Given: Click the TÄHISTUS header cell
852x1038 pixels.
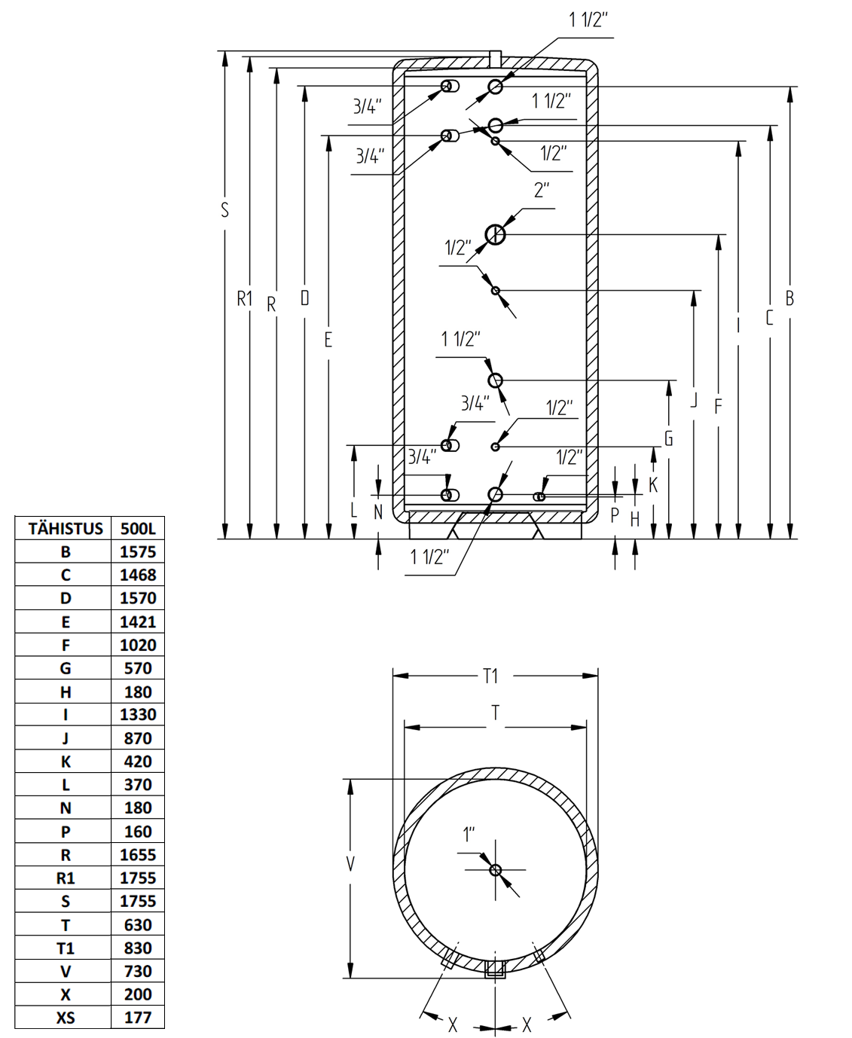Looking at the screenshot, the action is point(66,529).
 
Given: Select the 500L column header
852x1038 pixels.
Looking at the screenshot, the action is point(138,529).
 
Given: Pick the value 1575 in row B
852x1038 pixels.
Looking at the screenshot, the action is point(138,551).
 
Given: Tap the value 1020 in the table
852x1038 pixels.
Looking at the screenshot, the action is point(138,645).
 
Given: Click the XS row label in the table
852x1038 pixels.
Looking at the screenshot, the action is point(66,1017).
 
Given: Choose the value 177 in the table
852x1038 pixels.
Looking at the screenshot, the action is point(138,1017).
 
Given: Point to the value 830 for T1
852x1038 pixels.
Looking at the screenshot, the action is point(138,948).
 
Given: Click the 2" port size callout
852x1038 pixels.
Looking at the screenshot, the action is point(542,190).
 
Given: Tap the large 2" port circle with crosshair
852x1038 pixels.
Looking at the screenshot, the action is point(495,234).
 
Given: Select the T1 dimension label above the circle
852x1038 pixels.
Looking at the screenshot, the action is point(490,676).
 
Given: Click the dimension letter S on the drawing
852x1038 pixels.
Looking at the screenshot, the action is point(225,211).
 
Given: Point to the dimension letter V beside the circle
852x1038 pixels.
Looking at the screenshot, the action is point(350,864).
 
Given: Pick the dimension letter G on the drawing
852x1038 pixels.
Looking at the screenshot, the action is point(668,438).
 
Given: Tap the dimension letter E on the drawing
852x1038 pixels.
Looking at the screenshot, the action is point(328,340).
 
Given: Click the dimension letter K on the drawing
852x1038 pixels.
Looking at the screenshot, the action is point(653,485).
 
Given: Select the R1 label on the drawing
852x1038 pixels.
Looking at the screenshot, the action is point(245,298).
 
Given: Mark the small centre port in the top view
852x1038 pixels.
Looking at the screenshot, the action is point(495,870).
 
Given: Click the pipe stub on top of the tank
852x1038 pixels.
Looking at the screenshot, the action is point(495,59).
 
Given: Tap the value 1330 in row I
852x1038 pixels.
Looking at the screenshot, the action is point(138,714).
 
